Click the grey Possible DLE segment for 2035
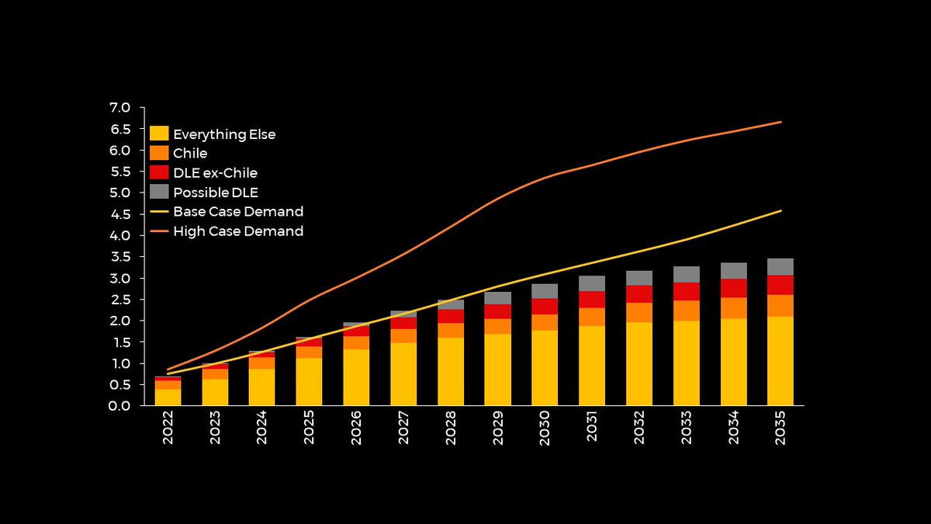(x=780, y=267)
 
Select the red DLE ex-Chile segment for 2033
(x=686, y=292)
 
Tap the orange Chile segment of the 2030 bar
(x=545, y=322)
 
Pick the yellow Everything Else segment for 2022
(x=168, y=397)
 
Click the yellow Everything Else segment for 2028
(x=451, y=371)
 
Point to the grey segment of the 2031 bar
(x=592, y=283)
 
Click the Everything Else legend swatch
(x=159, y=134)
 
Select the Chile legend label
(x=190, y=154)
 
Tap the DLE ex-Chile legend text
(x=216, y=173)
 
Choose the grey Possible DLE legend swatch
(x=159, y=192)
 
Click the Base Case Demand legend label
(x=238, y=212)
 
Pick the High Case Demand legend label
(x=238, y=231)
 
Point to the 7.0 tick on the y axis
(x=119, y=108)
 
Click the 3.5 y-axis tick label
(x=120, y=257)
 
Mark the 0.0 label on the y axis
(x=119, y=406)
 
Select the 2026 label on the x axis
(x=356, y=428)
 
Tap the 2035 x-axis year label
(x=780, y=428)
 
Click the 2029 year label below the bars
(x=497, y=428)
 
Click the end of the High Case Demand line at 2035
(x=781, y=122)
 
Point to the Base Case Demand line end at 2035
(x=781, y=211)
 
